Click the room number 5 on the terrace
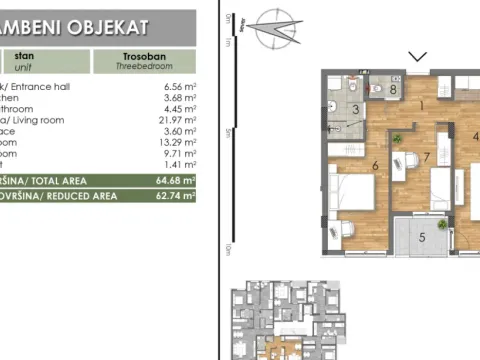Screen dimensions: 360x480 (x=422, y=237)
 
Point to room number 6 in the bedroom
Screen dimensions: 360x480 (x=374, y=166)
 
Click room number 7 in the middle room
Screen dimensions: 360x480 (x=427, y=157)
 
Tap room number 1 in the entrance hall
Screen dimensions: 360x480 (x=422, y=105)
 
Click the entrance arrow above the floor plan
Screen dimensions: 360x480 (x=418, y=57)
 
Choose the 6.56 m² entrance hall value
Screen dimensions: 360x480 (x=178, y=86)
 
